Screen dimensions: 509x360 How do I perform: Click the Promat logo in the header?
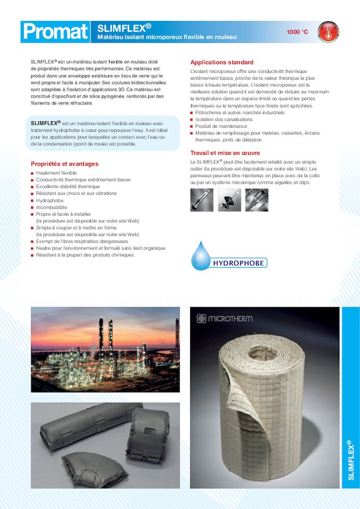(55, 32)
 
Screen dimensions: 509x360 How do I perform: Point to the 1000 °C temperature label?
(297, 32)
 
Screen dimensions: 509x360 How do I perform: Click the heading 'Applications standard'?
(221, 63)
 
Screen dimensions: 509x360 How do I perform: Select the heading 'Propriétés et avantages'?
(65, 164)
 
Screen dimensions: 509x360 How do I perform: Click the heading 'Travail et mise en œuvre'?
(225, 153)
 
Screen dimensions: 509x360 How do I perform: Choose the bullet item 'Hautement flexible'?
(56, 173)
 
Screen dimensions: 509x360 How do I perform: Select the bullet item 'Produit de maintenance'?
(221, 126)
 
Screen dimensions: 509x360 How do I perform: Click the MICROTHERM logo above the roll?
(225, 319)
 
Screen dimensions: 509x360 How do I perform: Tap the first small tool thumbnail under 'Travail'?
(202, 200)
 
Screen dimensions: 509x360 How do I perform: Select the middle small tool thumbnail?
(229, 200)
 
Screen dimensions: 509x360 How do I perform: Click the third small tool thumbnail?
(257, 200)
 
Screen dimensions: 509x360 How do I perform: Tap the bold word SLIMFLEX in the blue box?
(44, 123)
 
